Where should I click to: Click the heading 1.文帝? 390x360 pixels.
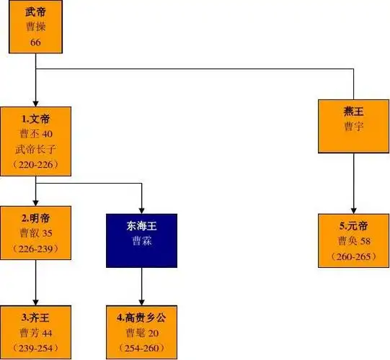35,118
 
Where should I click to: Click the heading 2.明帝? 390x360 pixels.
35,217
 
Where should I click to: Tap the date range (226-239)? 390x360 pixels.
35,249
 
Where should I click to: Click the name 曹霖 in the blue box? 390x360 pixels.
141,242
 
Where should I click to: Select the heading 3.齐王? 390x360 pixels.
35,317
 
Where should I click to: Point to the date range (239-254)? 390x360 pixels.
35,348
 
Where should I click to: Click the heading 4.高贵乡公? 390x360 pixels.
141,317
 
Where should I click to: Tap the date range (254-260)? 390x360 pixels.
141,348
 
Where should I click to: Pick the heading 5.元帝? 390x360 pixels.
354,225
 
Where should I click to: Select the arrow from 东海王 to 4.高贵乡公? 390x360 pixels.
141,285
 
